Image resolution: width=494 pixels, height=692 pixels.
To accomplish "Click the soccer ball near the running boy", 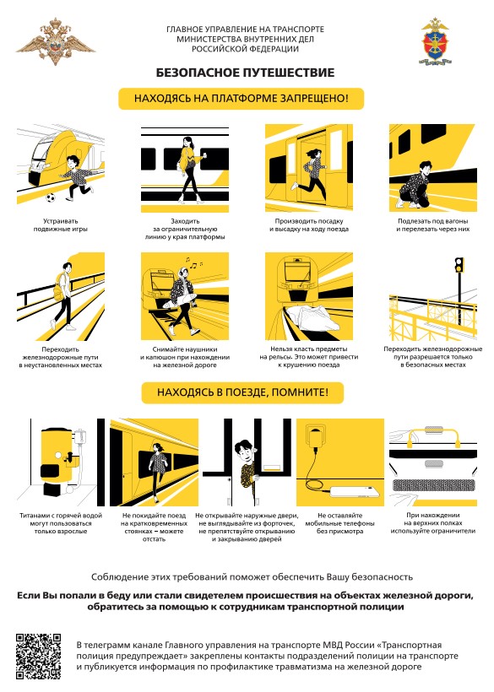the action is click(51, 197).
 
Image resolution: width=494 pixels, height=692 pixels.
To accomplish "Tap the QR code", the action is click(38, 656).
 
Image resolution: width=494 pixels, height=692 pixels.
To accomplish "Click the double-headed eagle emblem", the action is click(56, 42).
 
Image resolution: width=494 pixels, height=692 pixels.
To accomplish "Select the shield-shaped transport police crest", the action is click(435, 41).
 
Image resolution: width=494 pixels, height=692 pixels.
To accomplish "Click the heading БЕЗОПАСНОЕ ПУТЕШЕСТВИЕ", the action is click(245, 73).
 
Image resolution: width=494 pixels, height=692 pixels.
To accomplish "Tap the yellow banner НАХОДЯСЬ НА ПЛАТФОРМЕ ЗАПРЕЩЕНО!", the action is click(241, 99).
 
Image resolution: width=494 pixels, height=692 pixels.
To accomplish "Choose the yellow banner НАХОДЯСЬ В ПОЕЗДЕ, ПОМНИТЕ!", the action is click(242, 392).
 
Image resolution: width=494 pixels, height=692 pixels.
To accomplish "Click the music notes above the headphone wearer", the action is click(194, 263).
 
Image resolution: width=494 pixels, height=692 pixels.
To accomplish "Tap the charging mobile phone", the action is click(355, 492).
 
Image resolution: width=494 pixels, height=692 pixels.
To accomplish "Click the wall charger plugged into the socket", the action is click(316, 439).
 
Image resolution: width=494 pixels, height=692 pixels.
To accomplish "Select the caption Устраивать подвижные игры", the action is click(61, 225).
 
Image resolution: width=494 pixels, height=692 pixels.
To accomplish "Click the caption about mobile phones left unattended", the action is click(340, 523).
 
